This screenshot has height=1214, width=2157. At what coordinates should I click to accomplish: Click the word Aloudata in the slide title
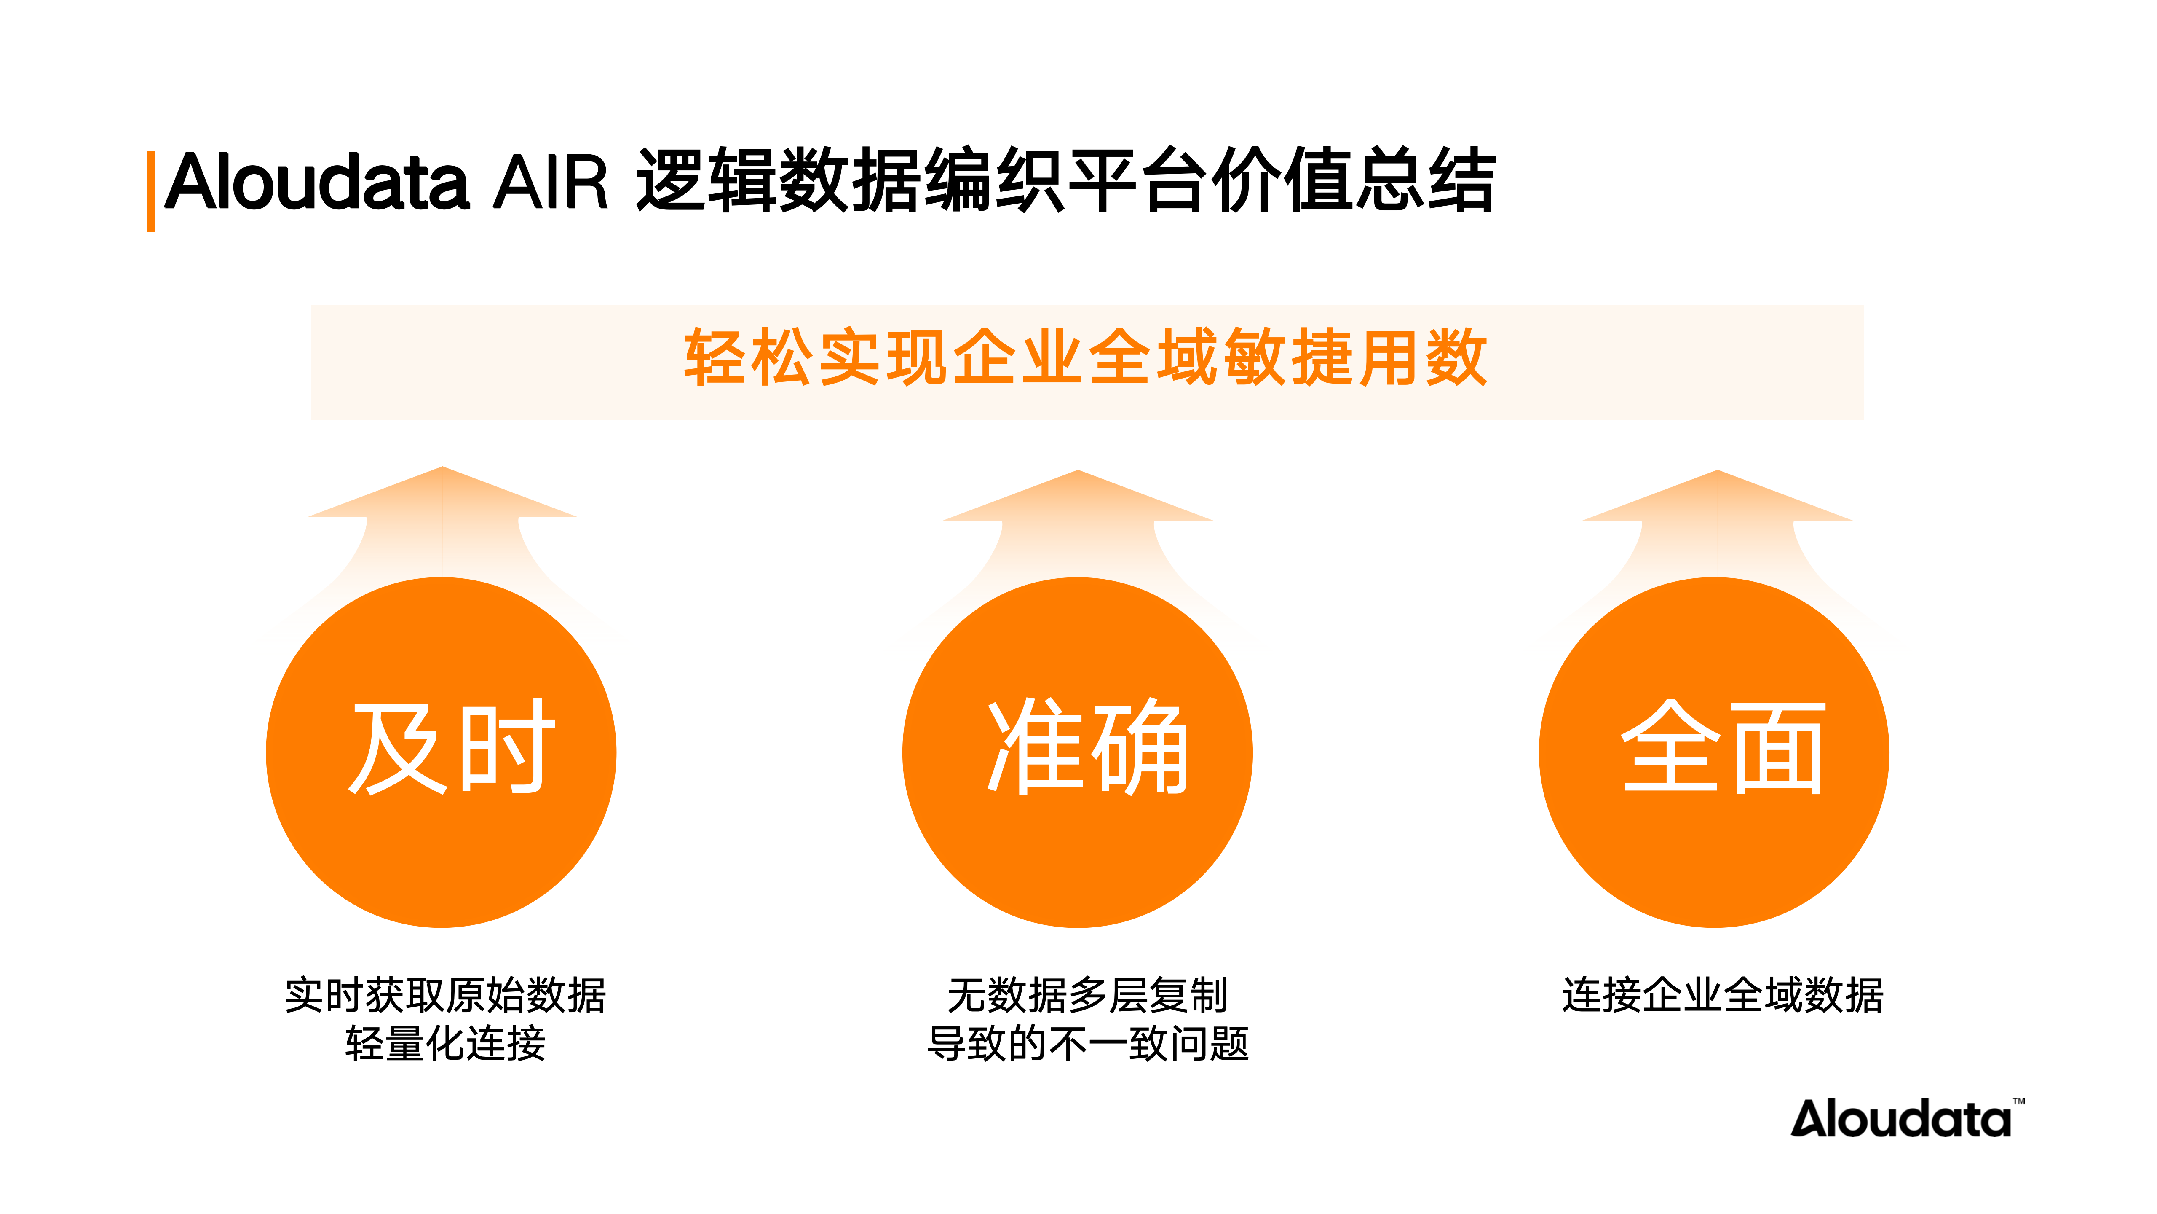(316, 182)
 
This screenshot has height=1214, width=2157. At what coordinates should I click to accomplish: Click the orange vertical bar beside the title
(151, 191)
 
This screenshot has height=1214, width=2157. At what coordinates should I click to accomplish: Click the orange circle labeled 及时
(441, 752)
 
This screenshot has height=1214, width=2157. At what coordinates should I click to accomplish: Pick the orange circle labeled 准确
(1078, 752)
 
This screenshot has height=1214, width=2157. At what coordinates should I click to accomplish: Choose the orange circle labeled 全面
(1714, 752)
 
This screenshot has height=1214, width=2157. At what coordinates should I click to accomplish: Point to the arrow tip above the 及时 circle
(442, 467)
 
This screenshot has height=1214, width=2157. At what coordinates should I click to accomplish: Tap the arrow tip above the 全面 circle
(1718, 471)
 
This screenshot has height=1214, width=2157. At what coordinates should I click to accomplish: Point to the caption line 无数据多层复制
(1087, 995)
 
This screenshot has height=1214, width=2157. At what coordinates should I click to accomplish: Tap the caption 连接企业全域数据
(1722, 995)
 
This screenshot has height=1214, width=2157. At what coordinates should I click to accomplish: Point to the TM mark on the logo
(2019, 1101)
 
